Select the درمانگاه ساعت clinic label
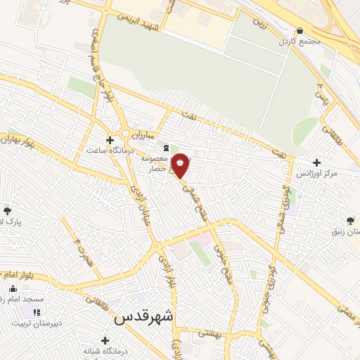coord(105,150)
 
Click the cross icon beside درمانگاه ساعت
coord(110,139)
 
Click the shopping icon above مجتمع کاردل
coord(300,30)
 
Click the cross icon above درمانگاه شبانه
coord(105,341)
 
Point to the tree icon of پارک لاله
coord(7,211)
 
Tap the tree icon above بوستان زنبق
coord(350,221)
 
